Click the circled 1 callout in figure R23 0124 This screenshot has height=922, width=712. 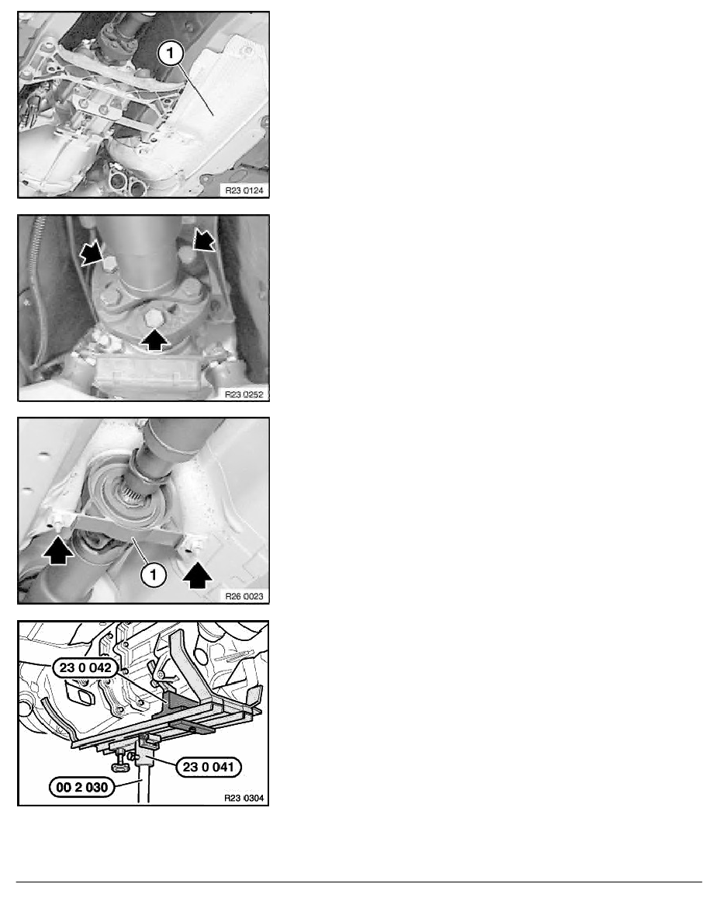(x=171, y=54)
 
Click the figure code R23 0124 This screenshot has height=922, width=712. (x=244, y=190)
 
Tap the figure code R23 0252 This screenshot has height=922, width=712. (x=244, y=394)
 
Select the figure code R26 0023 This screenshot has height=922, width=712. (x=244, y=596)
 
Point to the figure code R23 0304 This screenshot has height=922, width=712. (x=244, y=798)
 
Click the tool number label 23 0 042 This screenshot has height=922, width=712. (x=85, y=667)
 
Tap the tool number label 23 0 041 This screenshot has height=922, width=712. (x=209, y=767)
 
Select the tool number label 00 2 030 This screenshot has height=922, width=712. (x=82, y=787)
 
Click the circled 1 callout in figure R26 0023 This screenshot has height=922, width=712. (x=154, y=574)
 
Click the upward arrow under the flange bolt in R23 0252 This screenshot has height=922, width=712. (x=154, y=339)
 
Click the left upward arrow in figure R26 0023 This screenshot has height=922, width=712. (x=58, y=552)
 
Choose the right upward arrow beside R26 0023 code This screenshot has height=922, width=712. (x=198, y=575)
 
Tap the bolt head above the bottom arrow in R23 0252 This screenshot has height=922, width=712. (x=154, y=318)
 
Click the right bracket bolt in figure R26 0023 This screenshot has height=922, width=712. (x=192, y=547)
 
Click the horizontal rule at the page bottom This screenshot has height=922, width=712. (x=359, y=882)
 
